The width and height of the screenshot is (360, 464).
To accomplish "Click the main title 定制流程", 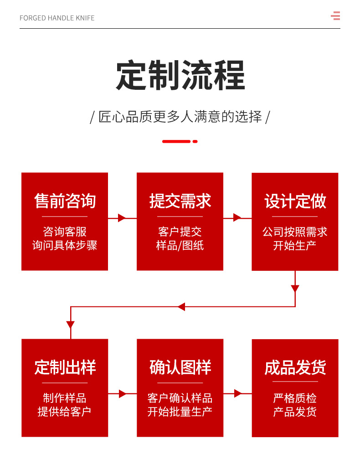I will click(180, 75).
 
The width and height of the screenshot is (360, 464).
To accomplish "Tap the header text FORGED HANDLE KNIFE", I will click(57, 18).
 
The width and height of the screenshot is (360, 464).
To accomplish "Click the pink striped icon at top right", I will click(335, 16).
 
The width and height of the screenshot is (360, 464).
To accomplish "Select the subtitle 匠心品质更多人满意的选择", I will click(180, 117).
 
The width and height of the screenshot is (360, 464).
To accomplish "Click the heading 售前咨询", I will click(65, 201).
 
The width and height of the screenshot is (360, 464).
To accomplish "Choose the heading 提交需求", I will click(180, 201).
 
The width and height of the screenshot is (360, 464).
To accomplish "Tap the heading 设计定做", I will click(295, 201).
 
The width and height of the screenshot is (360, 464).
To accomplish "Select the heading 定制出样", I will click(65, 367).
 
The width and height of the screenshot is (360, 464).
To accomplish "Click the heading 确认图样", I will click(180, 367).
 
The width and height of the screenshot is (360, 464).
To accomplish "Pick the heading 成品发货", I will click(295, 367).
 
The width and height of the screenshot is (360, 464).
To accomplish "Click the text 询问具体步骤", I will click(65, 246).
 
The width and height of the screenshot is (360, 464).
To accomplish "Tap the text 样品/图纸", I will click(180, 246).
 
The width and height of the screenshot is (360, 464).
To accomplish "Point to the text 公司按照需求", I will click(295, 232).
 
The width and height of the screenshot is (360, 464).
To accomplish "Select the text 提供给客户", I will click(65, 412).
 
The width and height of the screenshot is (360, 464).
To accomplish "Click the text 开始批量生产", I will click(180, 412).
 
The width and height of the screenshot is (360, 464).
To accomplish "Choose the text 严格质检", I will click(295, 398).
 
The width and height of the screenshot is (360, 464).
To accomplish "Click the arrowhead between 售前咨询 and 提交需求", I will click(122, 218).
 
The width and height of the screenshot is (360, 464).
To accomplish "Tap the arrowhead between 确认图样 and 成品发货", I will click(237, 393).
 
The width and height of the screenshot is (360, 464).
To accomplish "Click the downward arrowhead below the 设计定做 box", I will click(295, 289).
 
